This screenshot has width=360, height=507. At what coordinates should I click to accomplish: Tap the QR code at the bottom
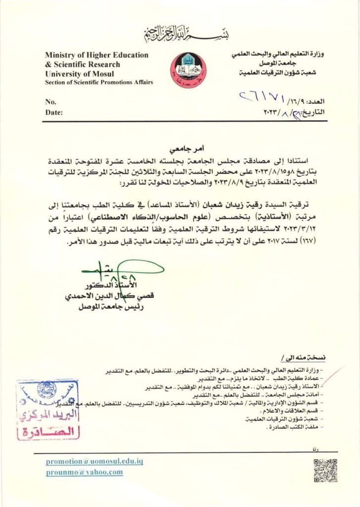[x=325, y=470]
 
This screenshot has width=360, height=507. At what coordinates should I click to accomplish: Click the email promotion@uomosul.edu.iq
[x=94, y=461]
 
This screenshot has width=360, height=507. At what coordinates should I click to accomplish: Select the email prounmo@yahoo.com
[x=84, y=472]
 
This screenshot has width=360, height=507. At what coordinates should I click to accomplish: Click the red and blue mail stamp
[x=47, y=409]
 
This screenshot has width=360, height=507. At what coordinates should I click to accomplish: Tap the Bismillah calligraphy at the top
[x=180, y=35]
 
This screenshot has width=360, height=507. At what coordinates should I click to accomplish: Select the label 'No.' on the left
[x=51, y=102]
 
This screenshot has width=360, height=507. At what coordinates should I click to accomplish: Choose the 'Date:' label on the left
[x=54, y=112]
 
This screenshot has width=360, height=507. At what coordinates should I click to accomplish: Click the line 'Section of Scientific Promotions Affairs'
[x=99, y=82]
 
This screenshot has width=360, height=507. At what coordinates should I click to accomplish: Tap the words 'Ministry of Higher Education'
[x=97, y=55]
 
